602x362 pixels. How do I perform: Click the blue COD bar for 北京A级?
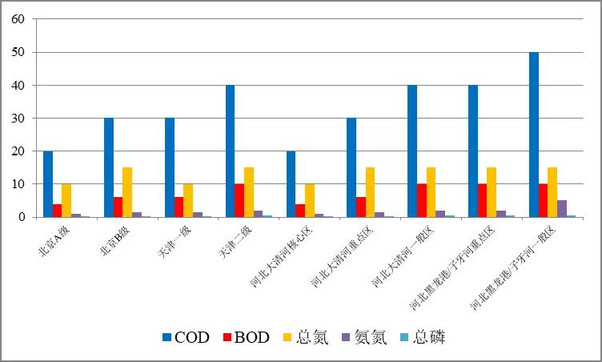(48, 184)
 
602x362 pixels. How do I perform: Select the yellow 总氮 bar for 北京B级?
(127, 192)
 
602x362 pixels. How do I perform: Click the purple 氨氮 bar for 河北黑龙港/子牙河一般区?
(562, 209)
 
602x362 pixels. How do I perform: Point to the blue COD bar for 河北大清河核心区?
(291, 184)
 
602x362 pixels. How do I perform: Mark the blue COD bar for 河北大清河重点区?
(351, 167)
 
